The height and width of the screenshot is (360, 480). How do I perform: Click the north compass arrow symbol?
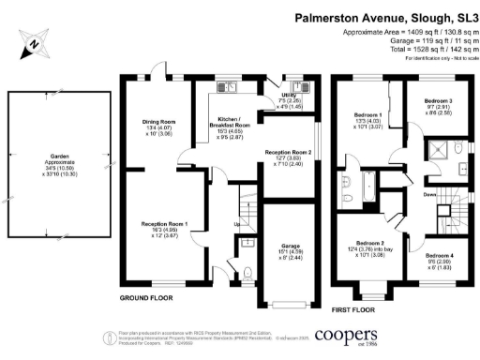(x=33, y=43)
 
